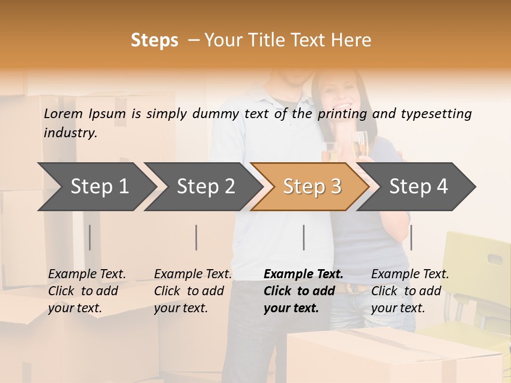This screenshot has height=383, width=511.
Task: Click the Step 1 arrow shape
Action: [96, 187]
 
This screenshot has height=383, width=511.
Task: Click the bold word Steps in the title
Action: [154, 40]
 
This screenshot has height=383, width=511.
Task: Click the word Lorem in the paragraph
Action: [63, 114]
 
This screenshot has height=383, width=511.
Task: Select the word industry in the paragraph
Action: [70, 133]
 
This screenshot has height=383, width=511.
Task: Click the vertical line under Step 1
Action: [90, 237]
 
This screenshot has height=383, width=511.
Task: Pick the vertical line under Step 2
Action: [196, 237]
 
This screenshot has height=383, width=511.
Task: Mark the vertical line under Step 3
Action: [304, 237]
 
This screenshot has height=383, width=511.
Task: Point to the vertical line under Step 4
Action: [411, 237]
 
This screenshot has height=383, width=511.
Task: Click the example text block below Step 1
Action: [87, 291]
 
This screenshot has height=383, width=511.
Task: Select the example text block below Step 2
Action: [193, 291]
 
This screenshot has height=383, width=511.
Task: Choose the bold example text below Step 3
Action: [303, 291]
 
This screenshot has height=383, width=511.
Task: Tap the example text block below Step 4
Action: [410, 291]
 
